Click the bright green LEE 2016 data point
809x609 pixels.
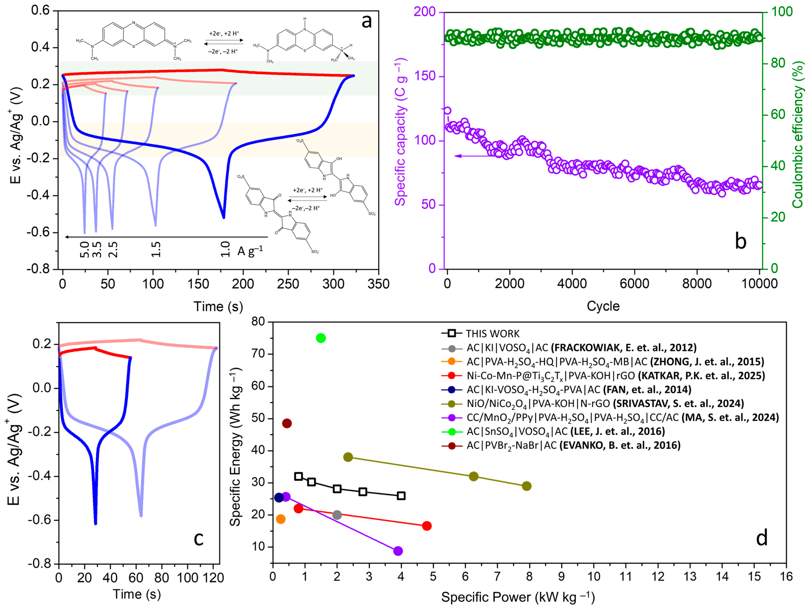321,338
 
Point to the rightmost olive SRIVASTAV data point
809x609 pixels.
527,486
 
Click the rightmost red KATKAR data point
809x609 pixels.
426,526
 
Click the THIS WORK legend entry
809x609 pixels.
492,334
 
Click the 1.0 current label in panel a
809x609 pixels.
226,249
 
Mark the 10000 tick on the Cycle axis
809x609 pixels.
759,284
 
